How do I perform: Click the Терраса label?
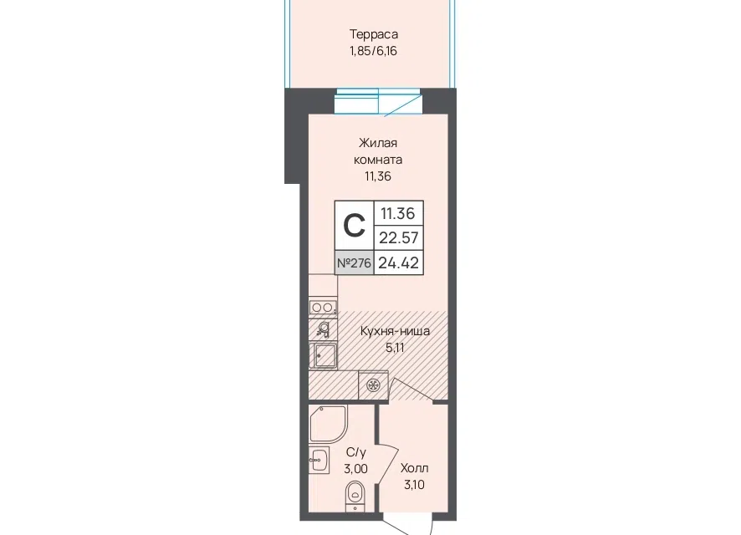tap(373, 34)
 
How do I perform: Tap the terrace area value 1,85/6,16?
tap(373, 51)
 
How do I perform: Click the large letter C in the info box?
tap(354, 225)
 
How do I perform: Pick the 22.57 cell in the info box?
tap(399, 237)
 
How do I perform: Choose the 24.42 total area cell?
tap(399, 262)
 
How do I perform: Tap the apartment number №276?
tap(354, 262)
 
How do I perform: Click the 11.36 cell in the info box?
tap(398, 213)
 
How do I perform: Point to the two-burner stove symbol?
tap(323, 308)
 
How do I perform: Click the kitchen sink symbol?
tap(324, 355)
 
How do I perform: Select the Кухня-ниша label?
tap(395, 331)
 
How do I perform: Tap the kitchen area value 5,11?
tap(395, 348)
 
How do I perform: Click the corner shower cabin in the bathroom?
tap(328, 424)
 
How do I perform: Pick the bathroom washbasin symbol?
tap(319, 460)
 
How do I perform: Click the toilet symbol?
tap(354, 496)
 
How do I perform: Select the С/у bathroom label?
tap(355, 452)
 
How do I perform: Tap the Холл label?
tap(415, 468)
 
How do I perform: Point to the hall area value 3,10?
tap(414, 485)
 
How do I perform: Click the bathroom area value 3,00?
tap(355, 469)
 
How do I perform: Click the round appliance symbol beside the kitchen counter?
tap(373, 385)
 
